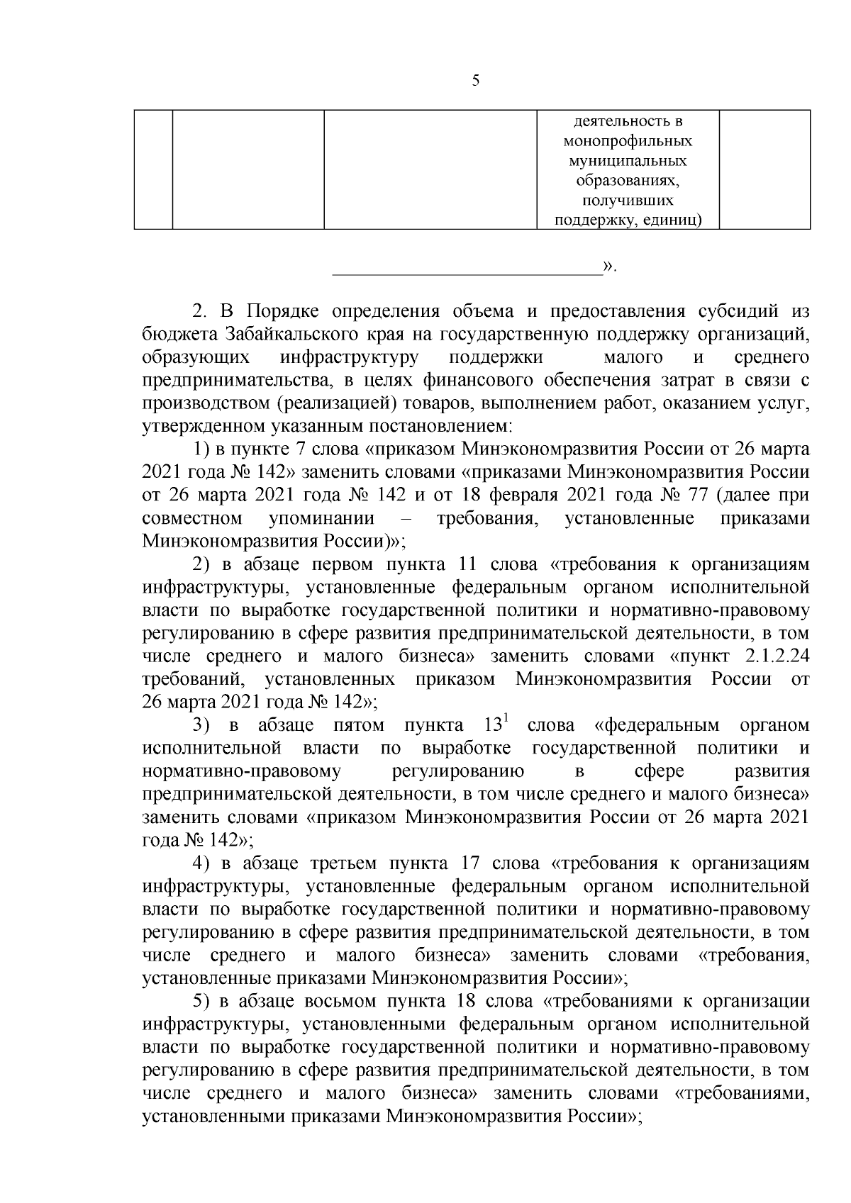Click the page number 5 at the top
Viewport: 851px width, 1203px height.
475,81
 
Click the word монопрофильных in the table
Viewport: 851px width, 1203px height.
628,141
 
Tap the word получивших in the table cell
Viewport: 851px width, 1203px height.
628,201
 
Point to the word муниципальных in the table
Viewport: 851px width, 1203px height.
628,161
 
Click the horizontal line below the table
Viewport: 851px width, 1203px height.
467,272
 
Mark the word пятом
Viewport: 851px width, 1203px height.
358,725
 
